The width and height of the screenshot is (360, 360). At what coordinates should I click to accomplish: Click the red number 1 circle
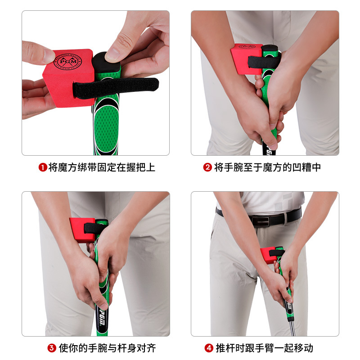pyautogui.click(x=43, y=167)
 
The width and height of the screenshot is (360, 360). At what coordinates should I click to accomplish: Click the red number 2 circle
pyautogui.click(x=207, y=167)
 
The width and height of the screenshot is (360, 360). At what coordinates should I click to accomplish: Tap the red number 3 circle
pyautogui.click(x=52, y=348)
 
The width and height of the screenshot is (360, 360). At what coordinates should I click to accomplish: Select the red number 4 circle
pyautogui.click(x=209, y=348)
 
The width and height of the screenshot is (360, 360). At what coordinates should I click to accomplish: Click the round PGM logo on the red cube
pyautogui.click(x=68, y=62)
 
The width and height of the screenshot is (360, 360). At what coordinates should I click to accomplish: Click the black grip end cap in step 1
pyautogui.click(x=106, y=63)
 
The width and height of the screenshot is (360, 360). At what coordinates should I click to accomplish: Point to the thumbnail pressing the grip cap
pyautogui.click(x=113, y=55)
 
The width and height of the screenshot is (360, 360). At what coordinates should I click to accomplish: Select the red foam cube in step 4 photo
pyautogui.click(x=268, y=255)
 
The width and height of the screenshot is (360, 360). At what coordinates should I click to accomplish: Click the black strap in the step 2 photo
pyautogui.click(x=264, y=62)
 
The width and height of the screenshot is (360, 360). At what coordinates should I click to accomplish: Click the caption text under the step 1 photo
pyautogui.click(x=102, y=167)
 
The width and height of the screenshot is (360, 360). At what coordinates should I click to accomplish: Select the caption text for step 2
pyautogui.click(x=267, y=167)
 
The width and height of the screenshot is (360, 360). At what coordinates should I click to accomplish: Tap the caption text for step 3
pyautogui.click(x=108, y=348)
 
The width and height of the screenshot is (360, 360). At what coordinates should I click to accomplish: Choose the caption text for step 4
pyautogui.click(x=265, y=348)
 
